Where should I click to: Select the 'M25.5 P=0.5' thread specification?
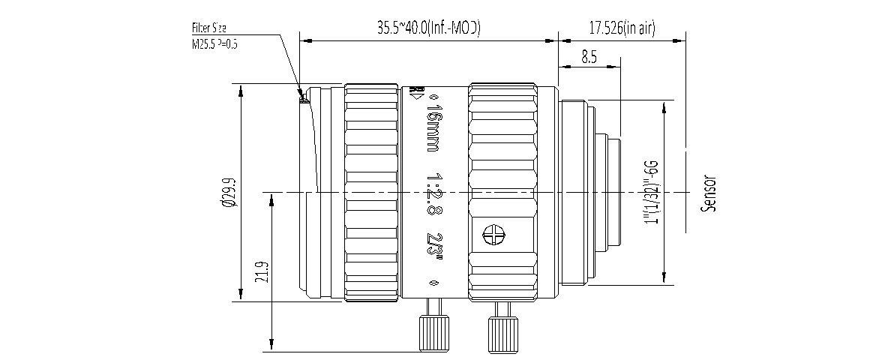click(x=214, y=44)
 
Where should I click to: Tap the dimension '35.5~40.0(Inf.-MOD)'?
click(x=428, y=28)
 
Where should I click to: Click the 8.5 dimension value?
click(x=588, y=57)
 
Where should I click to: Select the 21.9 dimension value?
click(x=260, y=271)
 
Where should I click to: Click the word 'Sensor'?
click(x=708, y=193)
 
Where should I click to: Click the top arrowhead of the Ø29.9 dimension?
click(x=240, y=89)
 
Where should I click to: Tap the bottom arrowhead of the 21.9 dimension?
click(x=271, y=346)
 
